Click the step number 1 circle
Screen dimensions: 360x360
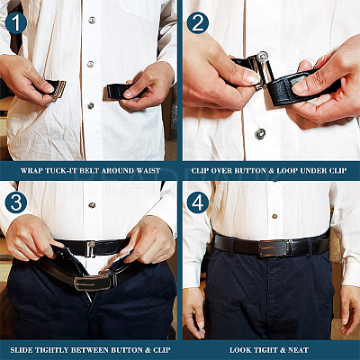point(16,22)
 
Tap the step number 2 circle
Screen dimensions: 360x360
point(198,22)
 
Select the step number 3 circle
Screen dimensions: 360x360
point(16,202)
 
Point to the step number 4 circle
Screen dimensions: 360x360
point(198,202)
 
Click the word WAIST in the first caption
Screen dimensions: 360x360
point(148,171)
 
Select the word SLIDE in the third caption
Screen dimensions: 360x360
point(22,350)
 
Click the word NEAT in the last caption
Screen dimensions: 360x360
point(298,350)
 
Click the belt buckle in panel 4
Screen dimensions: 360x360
point(274,248)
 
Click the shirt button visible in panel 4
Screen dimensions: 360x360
point(274,216)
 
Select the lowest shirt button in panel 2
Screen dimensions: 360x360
point(260,133)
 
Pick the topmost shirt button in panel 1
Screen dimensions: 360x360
point(92,21)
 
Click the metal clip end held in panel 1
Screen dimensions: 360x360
point(59,89)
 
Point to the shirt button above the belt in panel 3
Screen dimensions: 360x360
point(92,205)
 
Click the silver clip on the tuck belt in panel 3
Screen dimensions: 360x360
point(91,248)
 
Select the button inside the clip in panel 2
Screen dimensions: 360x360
point(263,57)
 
